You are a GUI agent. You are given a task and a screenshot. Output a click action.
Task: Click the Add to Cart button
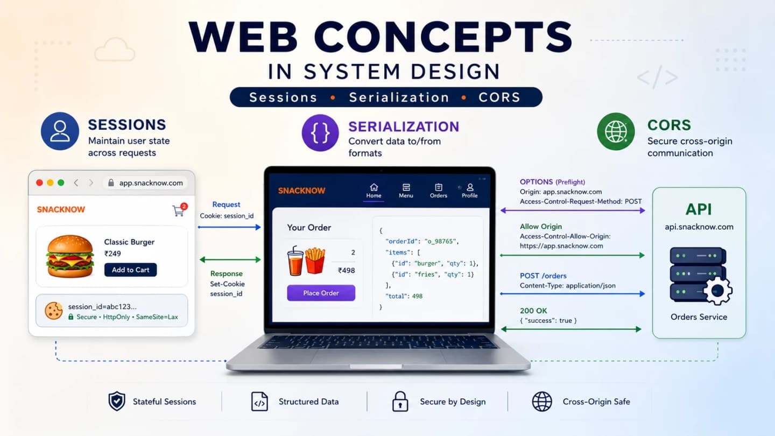click(x=130, y=270)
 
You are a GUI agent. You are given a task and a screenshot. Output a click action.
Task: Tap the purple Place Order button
click(x=321, y=293)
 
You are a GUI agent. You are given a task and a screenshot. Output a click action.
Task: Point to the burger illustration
click(x=70, y=256)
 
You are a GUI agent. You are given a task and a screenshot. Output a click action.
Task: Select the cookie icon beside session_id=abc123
click(x=54, y=311)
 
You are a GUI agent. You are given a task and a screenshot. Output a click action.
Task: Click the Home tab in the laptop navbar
click(x=374, y=191)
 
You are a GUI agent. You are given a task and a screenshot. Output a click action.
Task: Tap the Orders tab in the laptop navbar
click(x=438, y=191)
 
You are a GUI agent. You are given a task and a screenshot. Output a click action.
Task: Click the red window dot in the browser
click(x=39, y=182)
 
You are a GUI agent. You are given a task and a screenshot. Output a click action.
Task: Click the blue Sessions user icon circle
click(x=60, y=131)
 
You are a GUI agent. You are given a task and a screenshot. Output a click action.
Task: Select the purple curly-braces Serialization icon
click(x=320, y=133)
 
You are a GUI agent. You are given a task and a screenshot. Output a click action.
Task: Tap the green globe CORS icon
click(x=616, y=131)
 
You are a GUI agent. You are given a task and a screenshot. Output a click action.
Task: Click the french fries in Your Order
click(x=315, y=260)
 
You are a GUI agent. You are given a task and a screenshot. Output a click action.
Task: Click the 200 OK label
click(x=533, y=311)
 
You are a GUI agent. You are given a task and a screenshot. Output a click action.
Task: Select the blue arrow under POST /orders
click(x=573, y=294)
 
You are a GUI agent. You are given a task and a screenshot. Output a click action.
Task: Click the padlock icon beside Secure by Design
click(x=400, y=402)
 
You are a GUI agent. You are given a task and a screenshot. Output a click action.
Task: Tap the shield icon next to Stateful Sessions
click(x=117, y=402)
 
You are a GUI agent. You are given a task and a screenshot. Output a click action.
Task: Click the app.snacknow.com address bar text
click(x=151, y=182)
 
